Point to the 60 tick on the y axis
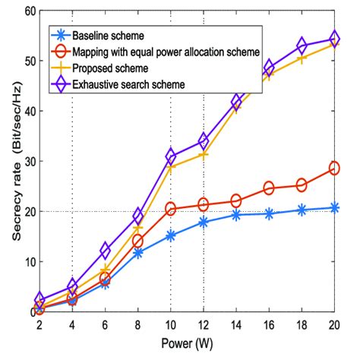coord(29,11)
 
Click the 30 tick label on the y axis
coord(29,161)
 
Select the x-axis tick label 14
coord(235,324)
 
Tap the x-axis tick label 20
coord(333,324)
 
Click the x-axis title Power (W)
coord(187,344)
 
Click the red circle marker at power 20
coord(333,169)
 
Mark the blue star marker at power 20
coord(333,207)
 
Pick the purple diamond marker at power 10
coord(171,156)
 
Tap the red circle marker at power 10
coord(171,209)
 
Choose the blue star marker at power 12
coord(204,222)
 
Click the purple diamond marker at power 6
coord(106,251)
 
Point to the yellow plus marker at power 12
coord(204,155)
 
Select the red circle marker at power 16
coord(269,188)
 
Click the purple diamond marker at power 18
coord(302,46)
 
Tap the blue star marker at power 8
coord(138,252)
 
